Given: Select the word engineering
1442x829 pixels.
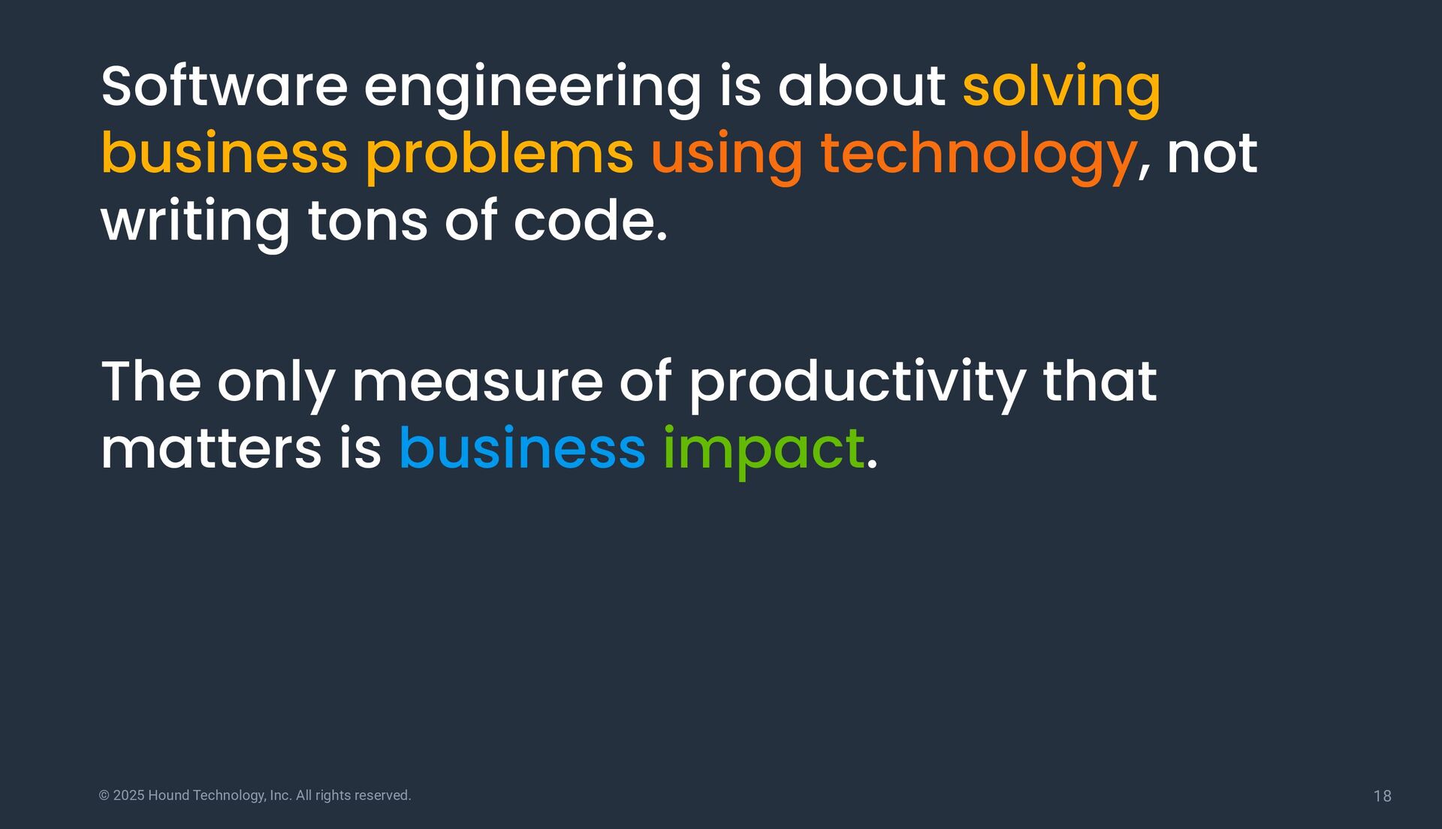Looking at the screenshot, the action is (x=532, y=90).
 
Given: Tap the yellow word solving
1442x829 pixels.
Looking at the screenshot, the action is (x=1061, y=90).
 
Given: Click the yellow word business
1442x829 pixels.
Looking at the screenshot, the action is (x=225, y=153).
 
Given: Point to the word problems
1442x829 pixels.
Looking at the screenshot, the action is (x=499, y=157).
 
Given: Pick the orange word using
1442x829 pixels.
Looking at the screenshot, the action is (x=727, y=158).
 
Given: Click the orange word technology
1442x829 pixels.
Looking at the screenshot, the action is (x=979, y=157).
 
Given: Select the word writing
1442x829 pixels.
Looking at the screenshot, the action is (x=195, y=224).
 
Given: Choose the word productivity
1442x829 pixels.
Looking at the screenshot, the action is (x=857, y=385).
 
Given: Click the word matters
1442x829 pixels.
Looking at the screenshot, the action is (x=211, y=449).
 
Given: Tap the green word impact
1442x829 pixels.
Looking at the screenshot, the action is (x=764, y=451).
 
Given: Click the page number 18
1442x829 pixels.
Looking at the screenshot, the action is (x=1382, y=796).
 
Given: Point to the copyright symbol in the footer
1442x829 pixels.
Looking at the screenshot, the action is (x=104, y=795).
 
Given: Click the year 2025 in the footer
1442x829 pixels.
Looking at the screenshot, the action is (x=128, y=795).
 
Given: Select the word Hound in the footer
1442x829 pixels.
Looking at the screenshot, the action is (x=168, y=795).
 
